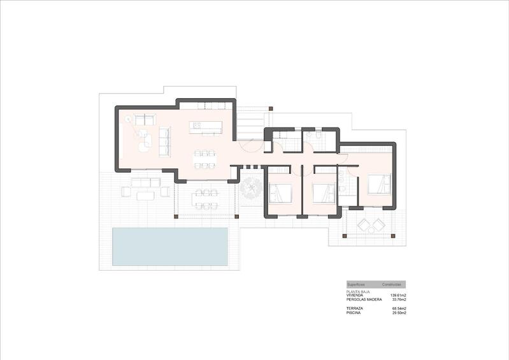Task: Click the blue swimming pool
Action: (170, 247)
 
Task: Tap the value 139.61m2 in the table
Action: (398, 296)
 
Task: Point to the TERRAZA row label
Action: (355, 308)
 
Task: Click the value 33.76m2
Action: (399, 299)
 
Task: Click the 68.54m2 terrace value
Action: (399, 308)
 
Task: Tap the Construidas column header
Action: (391, 284)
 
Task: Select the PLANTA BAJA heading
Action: (359, 291)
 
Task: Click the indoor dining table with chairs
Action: (205, 159)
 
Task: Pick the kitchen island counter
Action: (206, 127)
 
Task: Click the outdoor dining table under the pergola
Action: (205, 198)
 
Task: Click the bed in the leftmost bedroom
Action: (281, 193)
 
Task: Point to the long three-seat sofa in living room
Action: (164, 141)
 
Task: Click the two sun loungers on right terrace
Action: (371, 225)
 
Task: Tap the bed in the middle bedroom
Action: (324, 193)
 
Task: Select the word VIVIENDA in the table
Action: (355, 296)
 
